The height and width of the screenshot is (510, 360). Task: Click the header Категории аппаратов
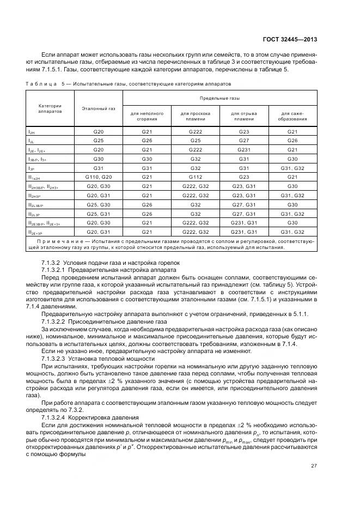[x=50, y=108]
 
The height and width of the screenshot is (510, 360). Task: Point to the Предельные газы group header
[x=219, y=99]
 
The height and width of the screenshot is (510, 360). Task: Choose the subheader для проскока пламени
[x=195, y=117]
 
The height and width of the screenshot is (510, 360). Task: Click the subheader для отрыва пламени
[x=244, y=117]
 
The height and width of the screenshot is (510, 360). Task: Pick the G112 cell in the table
[x=195, y=178]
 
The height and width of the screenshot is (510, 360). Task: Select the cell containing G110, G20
[x=99, y=178]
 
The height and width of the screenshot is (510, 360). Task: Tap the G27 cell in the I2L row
[x=244, y=141]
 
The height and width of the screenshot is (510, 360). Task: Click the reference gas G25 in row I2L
[x=99, y=141]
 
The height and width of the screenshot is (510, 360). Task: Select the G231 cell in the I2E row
[x=244, y=150]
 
